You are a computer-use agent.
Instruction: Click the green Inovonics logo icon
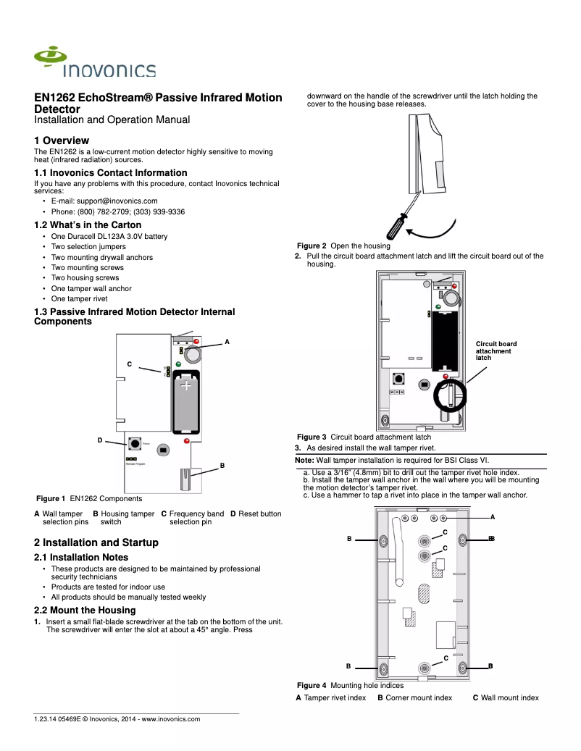[51, 57]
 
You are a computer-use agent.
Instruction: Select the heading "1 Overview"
[62, 140]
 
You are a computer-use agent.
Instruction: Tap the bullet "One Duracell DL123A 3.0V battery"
[109, 236]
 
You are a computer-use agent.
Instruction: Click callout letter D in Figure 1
[100, 440]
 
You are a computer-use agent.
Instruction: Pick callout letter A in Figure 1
[227, 341]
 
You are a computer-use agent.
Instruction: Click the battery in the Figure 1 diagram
[186, 402]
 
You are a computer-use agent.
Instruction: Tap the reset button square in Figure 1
[135, 443]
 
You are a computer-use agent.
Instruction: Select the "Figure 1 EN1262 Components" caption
[89, 498]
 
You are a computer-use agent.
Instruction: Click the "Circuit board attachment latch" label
[496, 351]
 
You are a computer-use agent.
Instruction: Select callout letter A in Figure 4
[493, 516]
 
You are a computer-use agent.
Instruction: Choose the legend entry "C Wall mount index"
[506, 697]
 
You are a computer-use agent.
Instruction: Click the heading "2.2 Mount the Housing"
[85, 611]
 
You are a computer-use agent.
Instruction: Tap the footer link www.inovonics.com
[170, 719]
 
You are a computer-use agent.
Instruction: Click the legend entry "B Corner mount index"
[414, 697]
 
